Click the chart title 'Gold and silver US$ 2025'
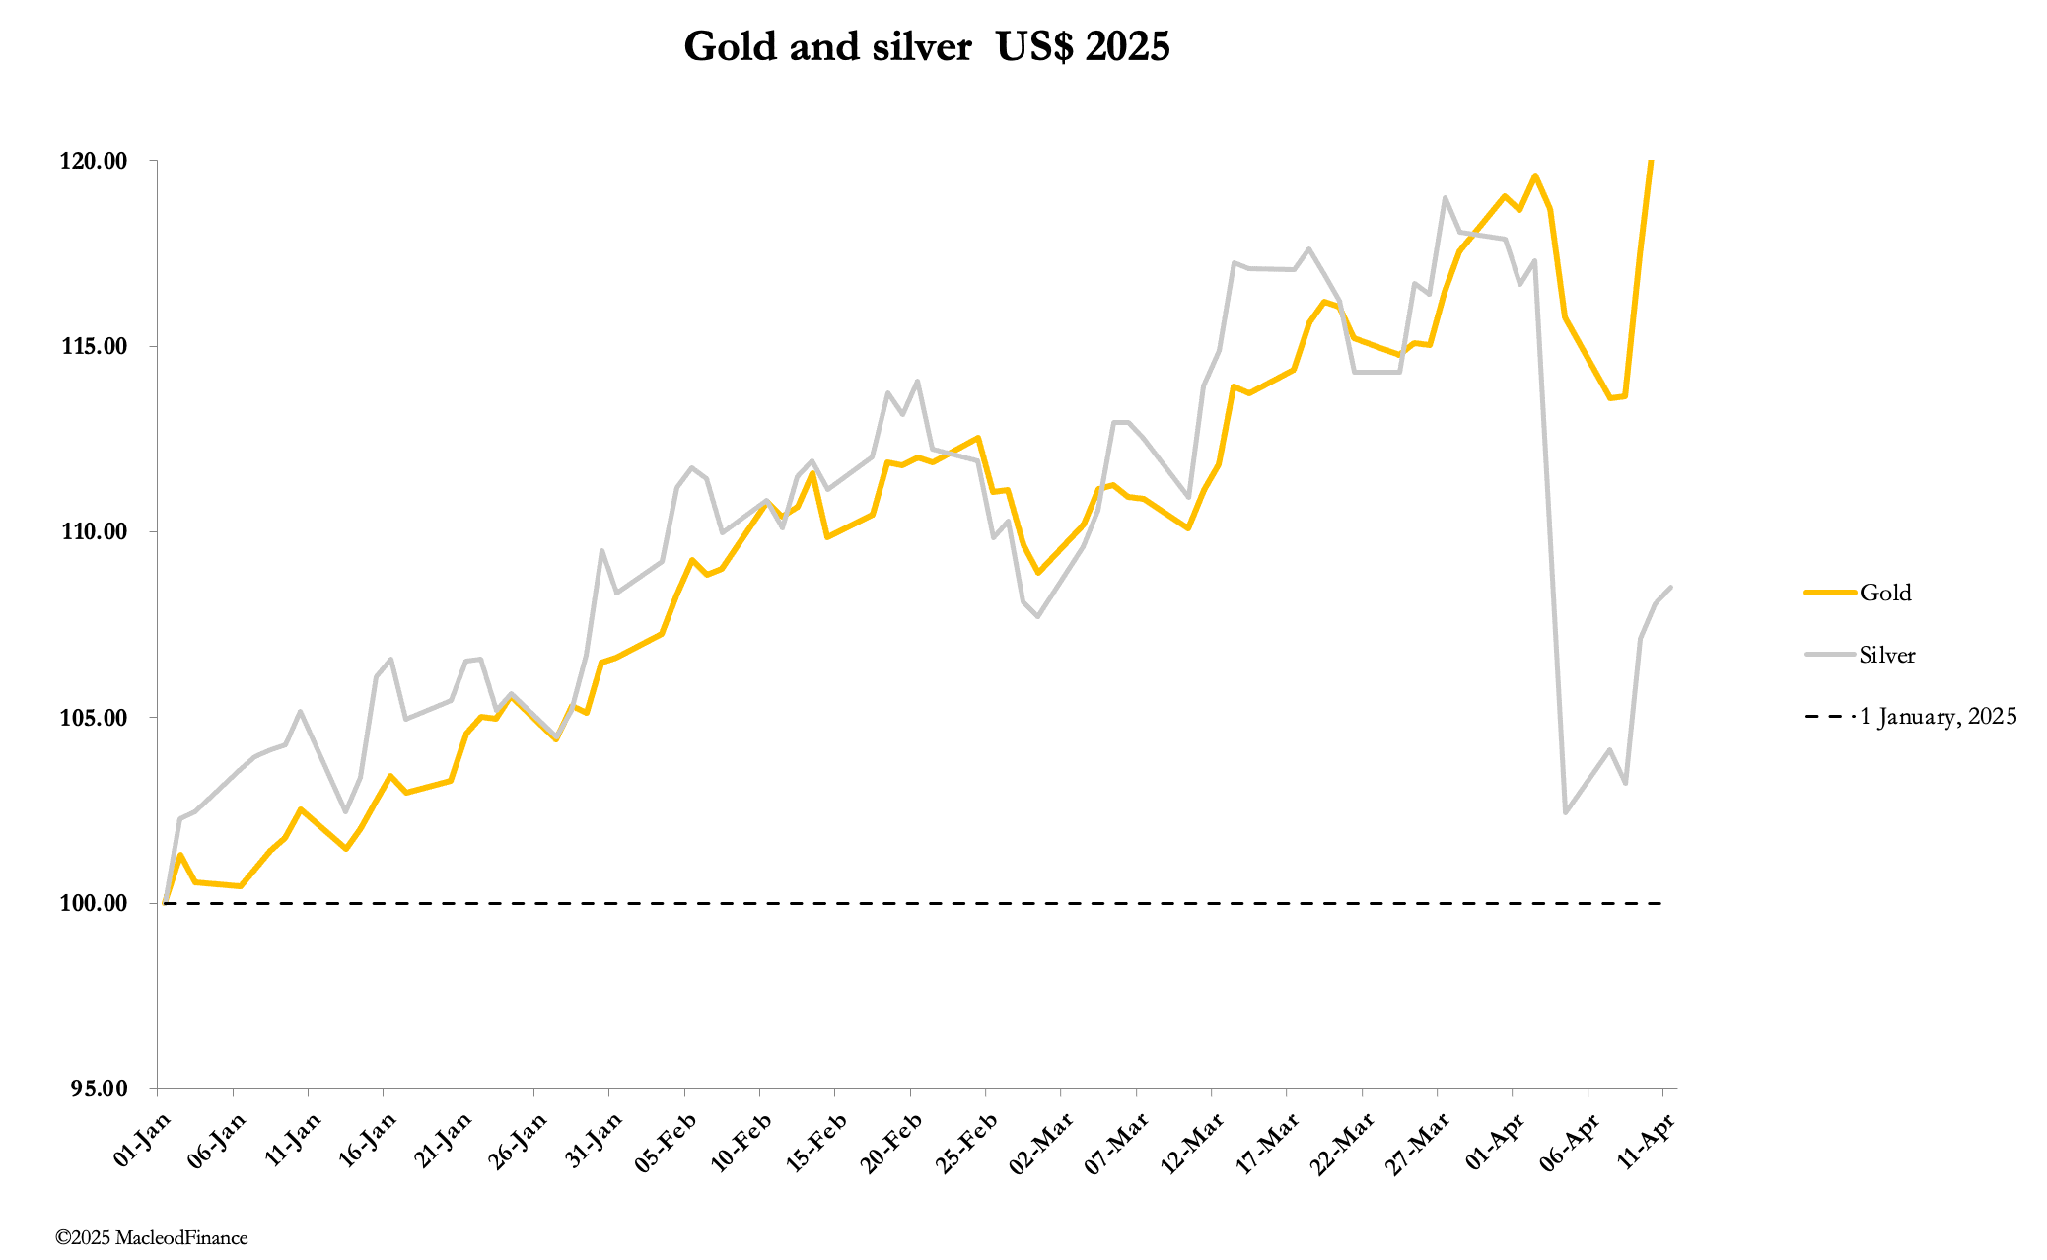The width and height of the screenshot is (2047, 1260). [x=926, y=46]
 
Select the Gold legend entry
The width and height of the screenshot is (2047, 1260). [x=1884, y=593]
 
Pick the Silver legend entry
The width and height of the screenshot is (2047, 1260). [x=1886, y=655]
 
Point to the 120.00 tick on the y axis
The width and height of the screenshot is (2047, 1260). [x=94, y=161]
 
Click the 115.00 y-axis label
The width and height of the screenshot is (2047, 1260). [x=94, y=346]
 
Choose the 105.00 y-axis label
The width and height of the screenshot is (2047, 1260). [x=94, y=718]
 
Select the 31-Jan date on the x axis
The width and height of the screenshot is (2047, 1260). [x=595, y=1139]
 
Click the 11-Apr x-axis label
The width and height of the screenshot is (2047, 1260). [x=1647, y=1139]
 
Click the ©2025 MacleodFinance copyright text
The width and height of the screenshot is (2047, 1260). [x=152, y=1237]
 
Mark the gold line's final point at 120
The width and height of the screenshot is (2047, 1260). [x=1652, y=162]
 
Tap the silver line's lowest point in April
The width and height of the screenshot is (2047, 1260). [x=1565, y=812]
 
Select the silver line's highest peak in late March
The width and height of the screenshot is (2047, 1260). [x=1445, y=197]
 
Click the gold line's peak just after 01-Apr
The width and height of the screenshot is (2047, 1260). [x=1535, y=175]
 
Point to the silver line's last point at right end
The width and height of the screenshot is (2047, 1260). [x=1670, y=588]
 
